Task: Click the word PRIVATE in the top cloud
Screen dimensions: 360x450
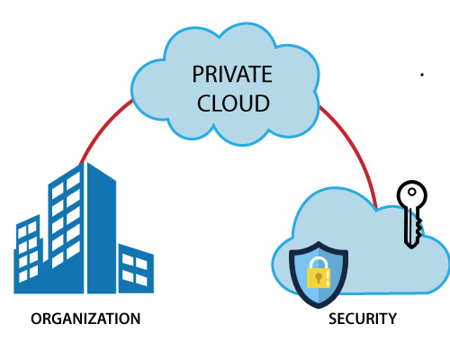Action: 232,74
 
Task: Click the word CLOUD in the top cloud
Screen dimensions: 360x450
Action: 232,103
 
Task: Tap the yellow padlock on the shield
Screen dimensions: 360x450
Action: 319,271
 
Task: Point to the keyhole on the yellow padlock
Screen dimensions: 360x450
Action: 319,276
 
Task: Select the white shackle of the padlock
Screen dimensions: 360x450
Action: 319,260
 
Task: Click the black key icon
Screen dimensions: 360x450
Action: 411,211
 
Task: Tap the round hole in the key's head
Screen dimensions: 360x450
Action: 412,193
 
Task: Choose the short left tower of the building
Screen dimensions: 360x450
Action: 29,252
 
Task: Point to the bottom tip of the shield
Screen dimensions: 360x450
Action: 319,307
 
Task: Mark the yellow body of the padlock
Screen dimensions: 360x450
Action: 319,277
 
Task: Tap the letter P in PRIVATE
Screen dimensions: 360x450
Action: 197,74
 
